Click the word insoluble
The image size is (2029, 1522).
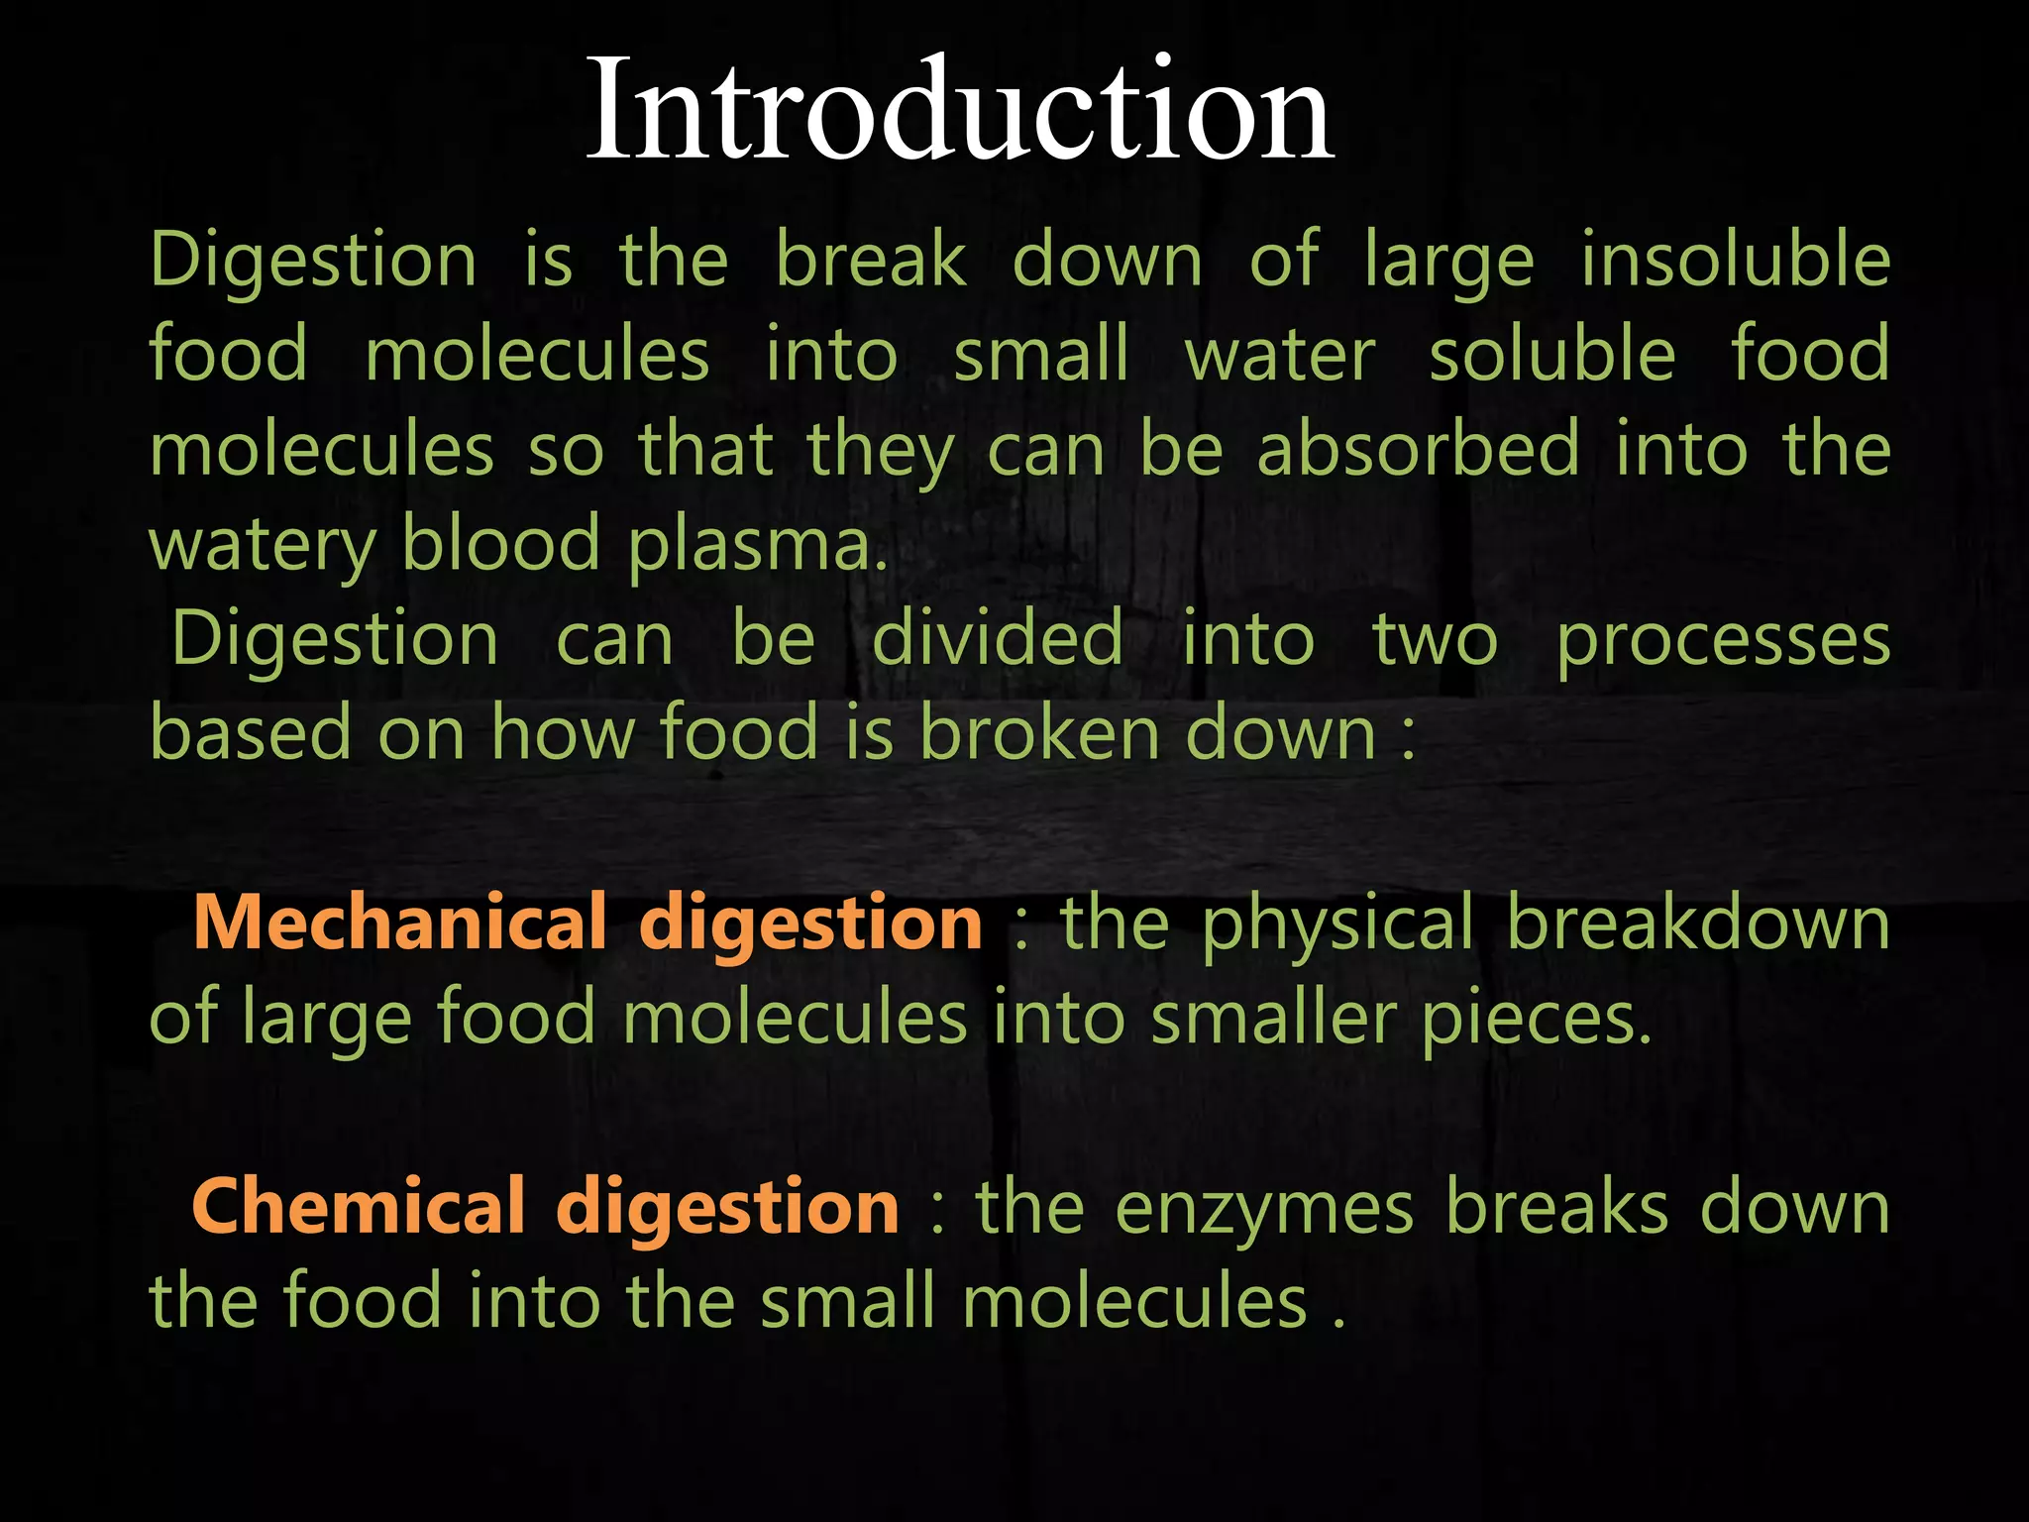(x=1736, y=260)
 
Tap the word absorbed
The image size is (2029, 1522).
(x=1419, y=449)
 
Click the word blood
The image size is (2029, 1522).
(x=501, y=544)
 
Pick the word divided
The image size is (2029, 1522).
(x=998, y=639)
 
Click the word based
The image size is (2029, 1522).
(x=251, y=733)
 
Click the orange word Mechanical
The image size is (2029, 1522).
(x=399, y=923)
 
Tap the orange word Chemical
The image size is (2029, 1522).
(x=359, y=1207)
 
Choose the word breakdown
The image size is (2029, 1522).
(x=1698, y=923)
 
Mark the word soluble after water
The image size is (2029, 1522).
(x=1552, y=355)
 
